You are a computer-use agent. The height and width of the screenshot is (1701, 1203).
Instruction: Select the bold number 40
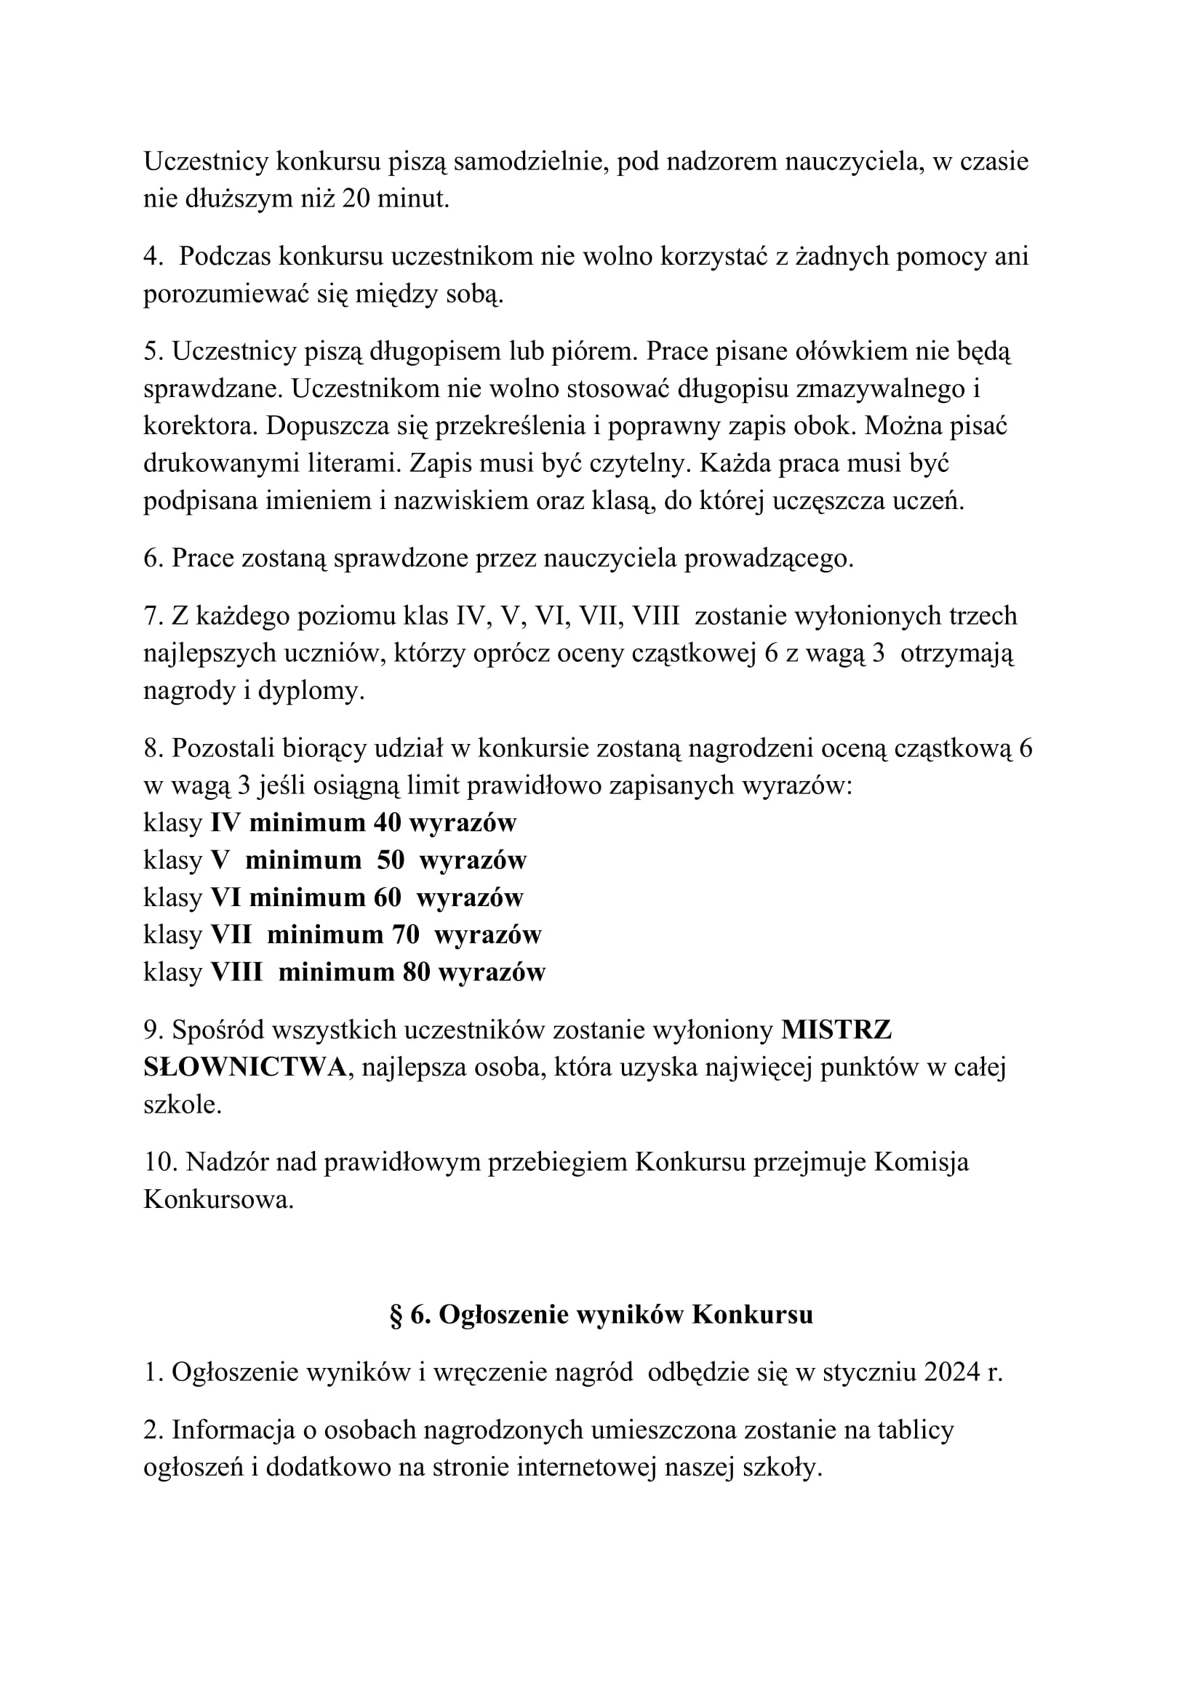click(x=387, y=823)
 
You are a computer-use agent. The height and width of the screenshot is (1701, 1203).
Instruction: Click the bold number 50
click(x=391, y=860)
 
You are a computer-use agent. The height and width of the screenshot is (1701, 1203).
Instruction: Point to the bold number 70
click(x=405, y=935)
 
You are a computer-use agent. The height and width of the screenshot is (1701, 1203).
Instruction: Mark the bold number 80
click(x=416, y=972)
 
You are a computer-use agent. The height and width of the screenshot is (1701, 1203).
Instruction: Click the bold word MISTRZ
click(x=836, y=1030)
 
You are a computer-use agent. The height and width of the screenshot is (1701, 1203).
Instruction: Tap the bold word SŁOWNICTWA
click(x=244, y=1068)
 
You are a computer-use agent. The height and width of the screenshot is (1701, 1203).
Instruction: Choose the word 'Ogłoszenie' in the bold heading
click(x=504, y=1315)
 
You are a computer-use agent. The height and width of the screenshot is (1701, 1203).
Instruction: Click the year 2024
click(x=953, y=1373)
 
